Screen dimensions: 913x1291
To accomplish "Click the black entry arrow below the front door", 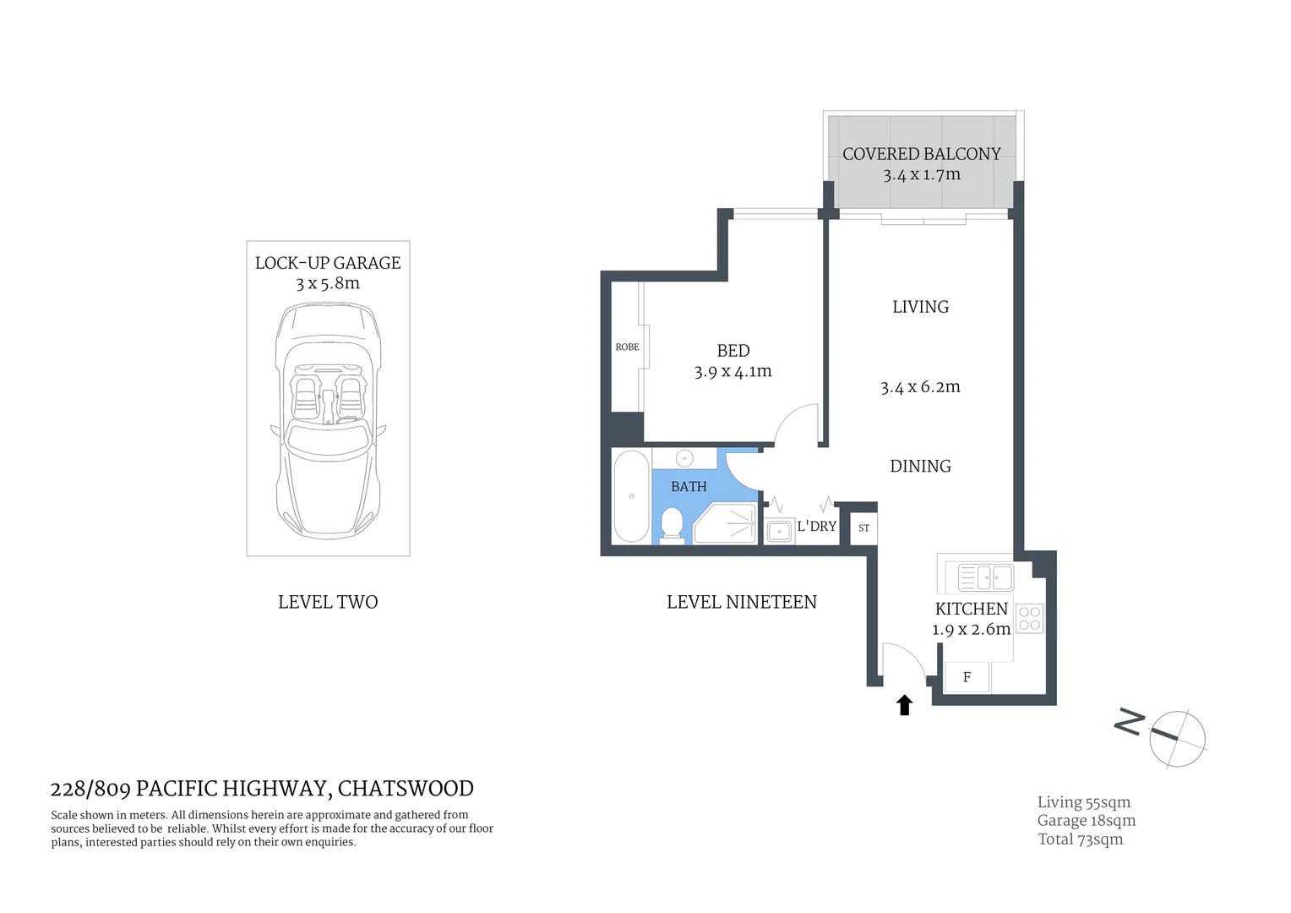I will (x=905, y=705).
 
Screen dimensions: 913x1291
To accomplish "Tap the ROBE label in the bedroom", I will (x=627, y=347).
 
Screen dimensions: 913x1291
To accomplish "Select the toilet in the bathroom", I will (x=672, y=522).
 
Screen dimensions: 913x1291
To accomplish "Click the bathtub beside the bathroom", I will (x=631, y=496).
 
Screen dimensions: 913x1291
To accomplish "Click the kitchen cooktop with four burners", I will (x=1030, y=618).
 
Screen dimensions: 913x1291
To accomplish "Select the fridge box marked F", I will (x=967, y=677).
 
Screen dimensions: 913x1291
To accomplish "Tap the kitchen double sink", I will (x=984, y=578).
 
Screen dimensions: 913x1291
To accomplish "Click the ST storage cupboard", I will (x=863, y=528).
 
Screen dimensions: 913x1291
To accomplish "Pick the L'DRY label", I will (x=816, y=526).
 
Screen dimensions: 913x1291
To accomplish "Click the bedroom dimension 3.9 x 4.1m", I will (x=733, y=371).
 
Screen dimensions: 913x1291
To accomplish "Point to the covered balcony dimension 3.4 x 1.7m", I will (x=922, y=175).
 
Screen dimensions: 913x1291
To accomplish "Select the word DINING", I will (x=920, y=466).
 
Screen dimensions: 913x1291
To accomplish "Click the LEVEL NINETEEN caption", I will (x=741, y=602).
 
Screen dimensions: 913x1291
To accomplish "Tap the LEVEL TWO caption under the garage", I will (x=328, y=602).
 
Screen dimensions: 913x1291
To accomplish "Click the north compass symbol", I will (x=1176, y=738).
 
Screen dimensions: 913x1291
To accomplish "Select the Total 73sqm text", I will (x=1080, y=839).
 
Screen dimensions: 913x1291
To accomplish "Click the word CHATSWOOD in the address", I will (x=406, y=789).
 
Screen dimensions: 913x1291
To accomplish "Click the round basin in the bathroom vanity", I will (x=684, y=458).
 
